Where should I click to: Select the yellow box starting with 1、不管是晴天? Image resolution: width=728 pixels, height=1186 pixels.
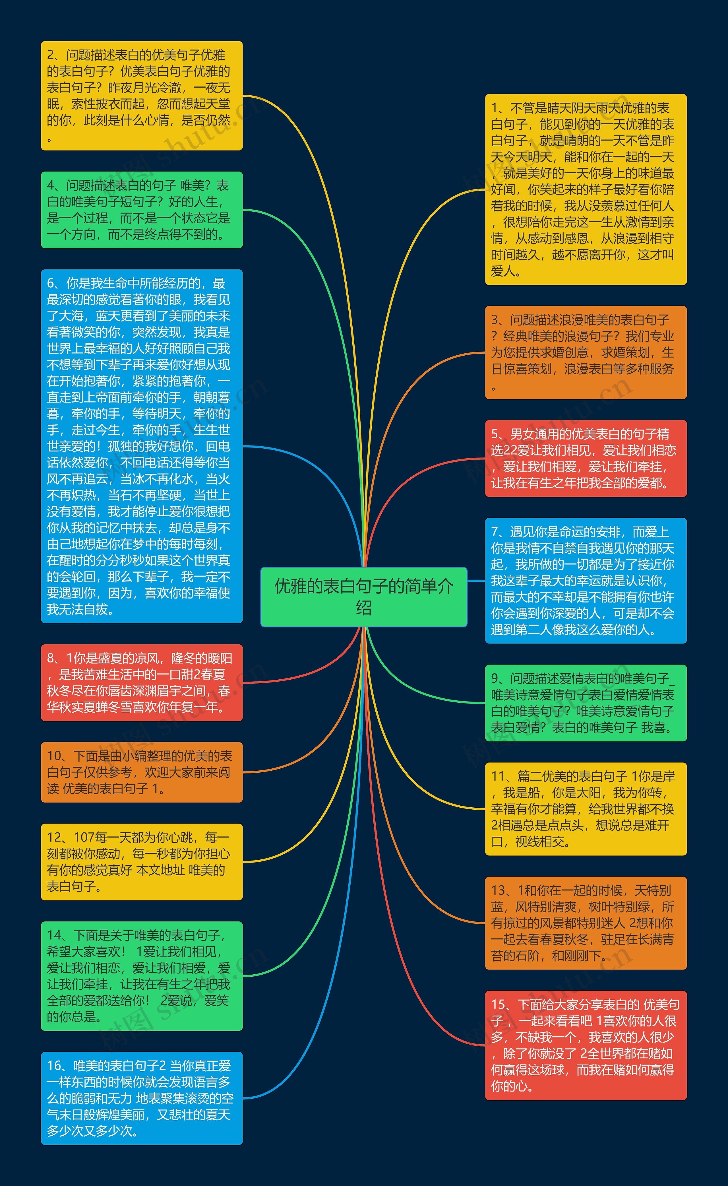tap(586, 189)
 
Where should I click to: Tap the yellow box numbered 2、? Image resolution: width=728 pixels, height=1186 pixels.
tap(142, 96)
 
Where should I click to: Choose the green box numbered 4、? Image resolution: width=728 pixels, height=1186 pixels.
tap(142, 210)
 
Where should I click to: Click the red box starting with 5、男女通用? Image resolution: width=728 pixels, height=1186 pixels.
tap(586, 458)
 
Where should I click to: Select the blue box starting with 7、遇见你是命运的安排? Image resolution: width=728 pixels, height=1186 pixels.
tap(586, 580)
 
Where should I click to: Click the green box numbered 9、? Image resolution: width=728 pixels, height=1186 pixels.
tap(586, 703)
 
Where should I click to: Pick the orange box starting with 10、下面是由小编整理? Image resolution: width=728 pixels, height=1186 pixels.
tap(142, 772)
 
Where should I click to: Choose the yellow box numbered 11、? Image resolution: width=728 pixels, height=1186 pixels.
tap(586, 809)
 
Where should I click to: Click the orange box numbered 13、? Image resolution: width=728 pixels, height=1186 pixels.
tap(586, 923)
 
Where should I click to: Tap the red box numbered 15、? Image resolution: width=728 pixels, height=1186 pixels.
tap(586, 1045)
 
